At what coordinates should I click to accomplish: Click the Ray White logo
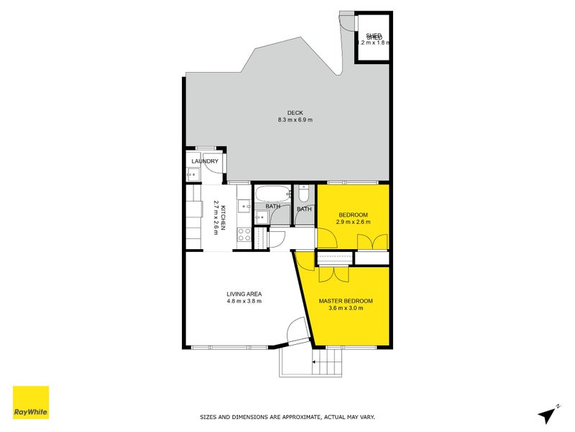(x=31, y=402)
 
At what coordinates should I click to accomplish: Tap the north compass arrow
(x=548, y=414)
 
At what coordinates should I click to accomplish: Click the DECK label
(x=295, y=112)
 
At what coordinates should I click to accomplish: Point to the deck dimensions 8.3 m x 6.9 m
(x=295, y=120)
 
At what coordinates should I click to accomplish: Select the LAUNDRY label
(x=205, y=161)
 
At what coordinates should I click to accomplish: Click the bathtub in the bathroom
(x=272, y=194)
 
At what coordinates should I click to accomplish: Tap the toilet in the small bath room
(x=304, y=194)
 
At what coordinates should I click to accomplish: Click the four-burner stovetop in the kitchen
(x=244, y=234)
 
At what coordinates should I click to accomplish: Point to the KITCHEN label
(x=224, y=217)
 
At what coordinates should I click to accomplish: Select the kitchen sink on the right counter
(x=244, y=205)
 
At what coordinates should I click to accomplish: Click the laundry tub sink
(x=191, y=174)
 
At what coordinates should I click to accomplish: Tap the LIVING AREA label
(x=244, y=294)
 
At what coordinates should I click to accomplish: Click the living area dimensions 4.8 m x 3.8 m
(x=244, y=302)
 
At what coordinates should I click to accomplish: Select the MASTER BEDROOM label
(x=346, y=300)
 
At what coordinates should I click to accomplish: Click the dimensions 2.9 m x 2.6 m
(x=354, y=222)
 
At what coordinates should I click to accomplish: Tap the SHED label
(x=374, y=36)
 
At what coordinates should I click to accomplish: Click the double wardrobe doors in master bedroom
(x=333, y=274)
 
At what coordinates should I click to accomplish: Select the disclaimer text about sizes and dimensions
(x=287, y=417)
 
